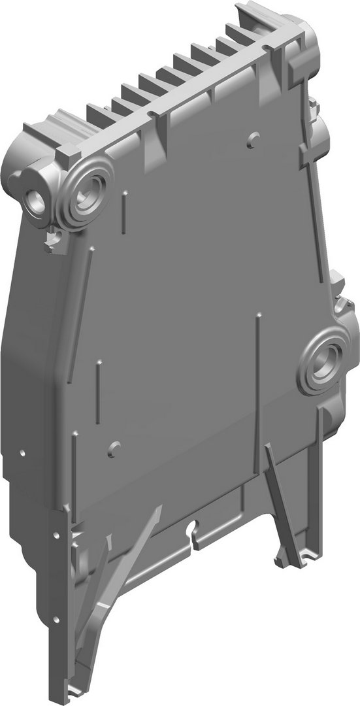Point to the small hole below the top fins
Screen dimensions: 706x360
(x=254, y=137)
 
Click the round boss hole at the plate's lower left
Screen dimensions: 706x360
(x=115, y=449)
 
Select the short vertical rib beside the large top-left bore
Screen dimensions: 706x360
(x=122, y=212)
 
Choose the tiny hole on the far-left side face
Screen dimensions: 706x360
(x=22, y=453)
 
